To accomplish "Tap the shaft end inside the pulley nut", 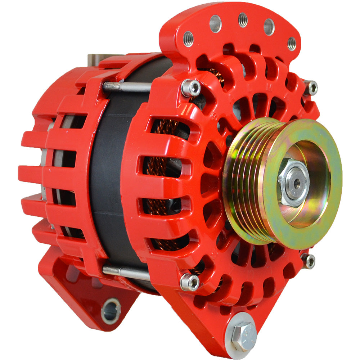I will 297,183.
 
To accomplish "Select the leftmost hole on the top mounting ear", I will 188,39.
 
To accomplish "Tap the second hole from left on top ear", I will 215,24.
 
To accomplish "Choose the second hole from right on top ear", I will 269,26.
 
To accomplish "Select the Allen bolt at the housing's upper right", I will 310,87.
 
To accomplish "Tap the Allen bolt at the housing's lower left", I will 190,282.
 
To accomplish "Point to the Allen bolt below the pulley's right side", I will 309,261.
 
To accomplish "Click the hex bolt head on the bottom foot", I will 244,336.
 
